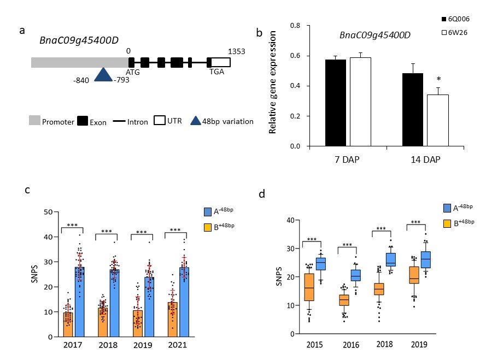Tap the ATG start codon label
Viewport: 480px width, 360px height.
coord(133,72)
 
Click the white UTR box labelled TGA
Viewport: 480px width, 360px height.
coord(220,62)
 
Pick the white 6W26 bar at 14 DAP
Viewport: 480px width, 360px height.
coord(437,120)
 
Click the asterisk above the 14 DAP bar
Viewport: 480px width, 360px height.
coord(437,80)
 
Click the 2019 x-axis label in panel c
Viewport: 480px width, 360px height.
coord(142,346)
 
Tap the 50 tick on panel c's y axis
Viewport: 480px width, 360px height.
coord(48,212)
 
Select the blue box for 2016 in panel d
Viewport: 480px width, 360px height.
coord(355,275)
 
